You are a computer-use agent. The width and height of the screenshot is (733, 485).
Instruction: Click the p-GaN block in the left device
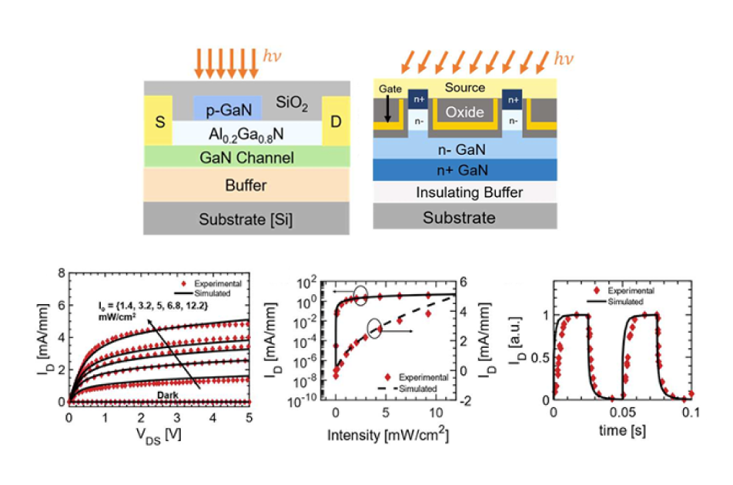(228, 108)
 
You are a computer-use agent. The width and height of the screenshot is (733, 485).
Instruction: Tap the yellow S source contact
(159, 121)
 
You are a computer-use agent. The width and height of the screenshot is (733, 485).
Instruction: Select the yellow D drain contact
(336, 121)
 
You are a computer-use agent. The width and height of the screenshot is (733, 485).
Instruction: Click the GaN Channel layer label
(247, 158)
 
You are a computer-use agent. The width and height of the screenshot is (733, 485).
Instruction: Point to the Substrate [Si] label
(246, 219)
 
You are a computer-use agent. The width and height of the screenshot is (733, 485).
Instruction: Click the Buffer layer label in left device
(246, 186)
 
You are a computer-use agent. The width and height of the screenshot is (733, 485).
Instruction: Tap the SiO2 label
(292, 103)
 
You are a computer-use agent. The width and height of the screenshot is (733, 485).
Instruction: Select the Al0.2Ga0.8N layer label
(246, 135)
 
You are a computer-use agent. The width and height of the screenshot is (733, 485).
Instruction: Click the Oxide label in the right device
(464, 112)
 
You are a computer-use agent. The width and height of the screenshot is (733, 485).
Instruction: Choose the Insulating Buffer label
(470, 192)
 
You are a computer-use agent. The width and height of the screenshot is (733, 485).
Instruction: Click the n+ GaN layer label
(462, 170)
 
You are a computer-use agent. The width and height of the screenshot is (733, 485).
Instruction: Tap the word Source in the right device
(465, 87)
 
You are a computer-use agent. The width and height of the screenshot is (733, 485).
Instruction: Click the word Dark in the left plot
(167, 395)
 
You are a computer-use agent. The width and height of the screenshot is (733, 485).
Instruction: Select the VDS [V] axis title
(159, 436)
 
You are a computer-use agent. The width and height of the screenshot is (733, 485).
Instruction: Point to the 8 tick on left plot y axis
(62, 273)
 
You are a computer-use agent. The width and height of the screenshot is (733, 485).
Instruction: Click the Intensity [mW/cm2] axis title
(388, 434)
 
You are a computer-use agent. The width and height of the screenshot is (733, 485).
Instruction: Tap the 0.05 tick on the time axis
(622, 413)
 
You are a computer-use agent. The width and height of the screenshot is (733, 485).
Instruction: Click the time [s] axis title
(623, 430)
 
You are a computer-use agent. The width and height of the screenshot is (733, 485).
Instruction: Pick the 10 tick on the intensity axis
(436, 413)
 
